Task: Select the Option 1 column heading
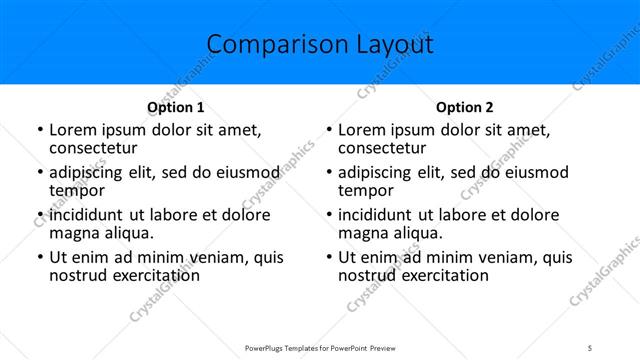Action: tap(175, 107)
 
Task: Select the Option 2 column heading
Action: tap(465, 107)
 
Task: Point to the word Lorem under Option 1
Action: tap(74, 130)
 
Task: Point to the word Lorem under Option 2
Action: tap(364, 130)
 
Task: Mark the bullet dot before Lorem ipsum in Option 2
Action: tap(329, 131)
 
